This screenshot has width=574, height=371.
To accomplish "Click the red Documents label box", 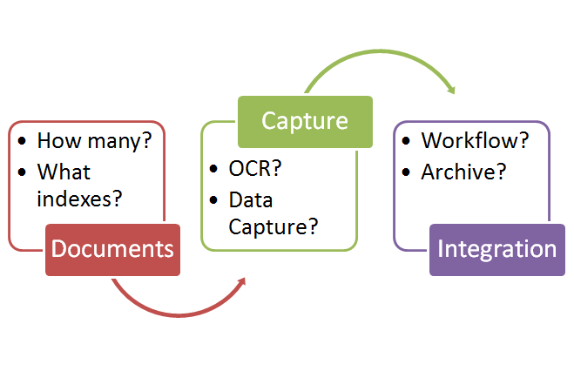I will point(112,249).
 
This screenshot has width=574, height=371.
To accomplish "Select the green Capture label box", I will point(305,121).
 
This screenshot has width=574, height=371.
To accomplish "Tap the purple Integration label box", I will point(496,249).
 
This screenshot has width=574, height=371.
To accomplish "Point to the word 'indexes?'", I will point(79,198).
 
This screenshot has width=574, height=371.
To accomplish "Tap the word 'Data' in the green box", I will point(251,200).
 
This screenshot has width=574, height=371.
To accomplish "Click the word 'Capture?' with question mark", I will point(273,228).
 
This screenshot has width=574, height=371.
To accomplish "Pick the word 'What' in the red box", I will point(64,172).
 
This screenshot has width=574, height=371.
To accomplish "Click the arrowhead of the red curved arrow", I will point(240,282).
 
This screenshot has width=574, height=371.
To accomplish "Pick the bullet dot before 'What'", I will point(22,172).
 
